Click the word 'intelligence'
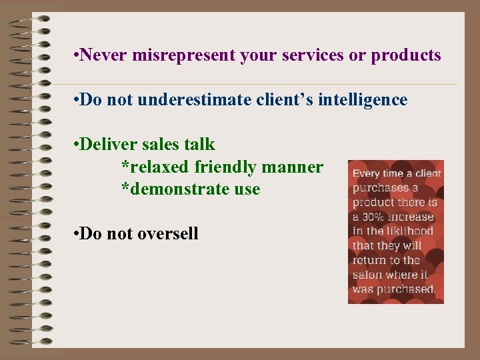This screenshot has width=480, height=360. point(364,100)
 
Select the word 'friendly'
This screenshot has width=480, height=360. point(225,167)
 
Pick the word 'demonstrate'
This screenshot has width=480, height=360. point(177,189)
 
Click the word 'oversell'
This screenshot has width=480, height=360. point(168,233)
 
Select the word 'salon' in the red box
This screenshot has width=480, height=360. point(368,275)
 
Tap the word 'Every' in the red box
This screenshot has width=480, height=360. point(366,174)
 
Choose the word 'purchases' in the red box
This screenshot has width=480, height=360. point(380,188)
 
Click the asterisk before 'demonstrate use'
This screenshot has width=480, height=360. point(125,188)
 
